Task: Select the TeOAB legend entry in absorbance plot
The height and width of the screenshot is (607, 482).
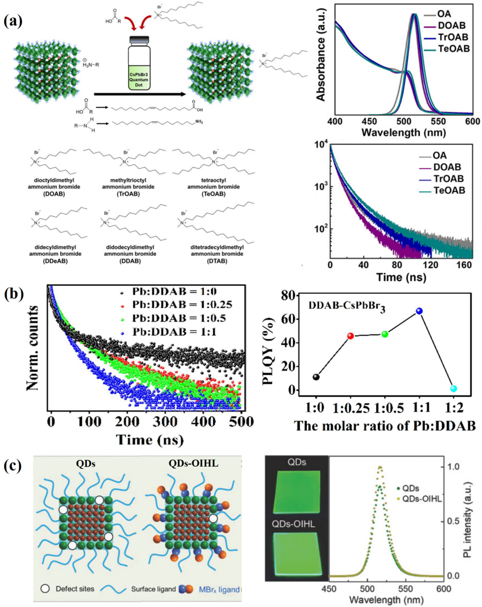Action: tap(454, 49)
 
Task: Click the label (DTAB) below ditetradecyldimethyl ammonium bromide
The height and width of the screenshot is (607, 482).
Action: tap(217, 261)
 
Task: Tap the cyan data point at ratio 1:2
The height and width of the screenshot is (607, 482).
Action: tap(453, 389)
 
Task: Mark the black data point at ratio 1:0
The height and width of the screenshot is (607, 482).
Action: tap(316, 377)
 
